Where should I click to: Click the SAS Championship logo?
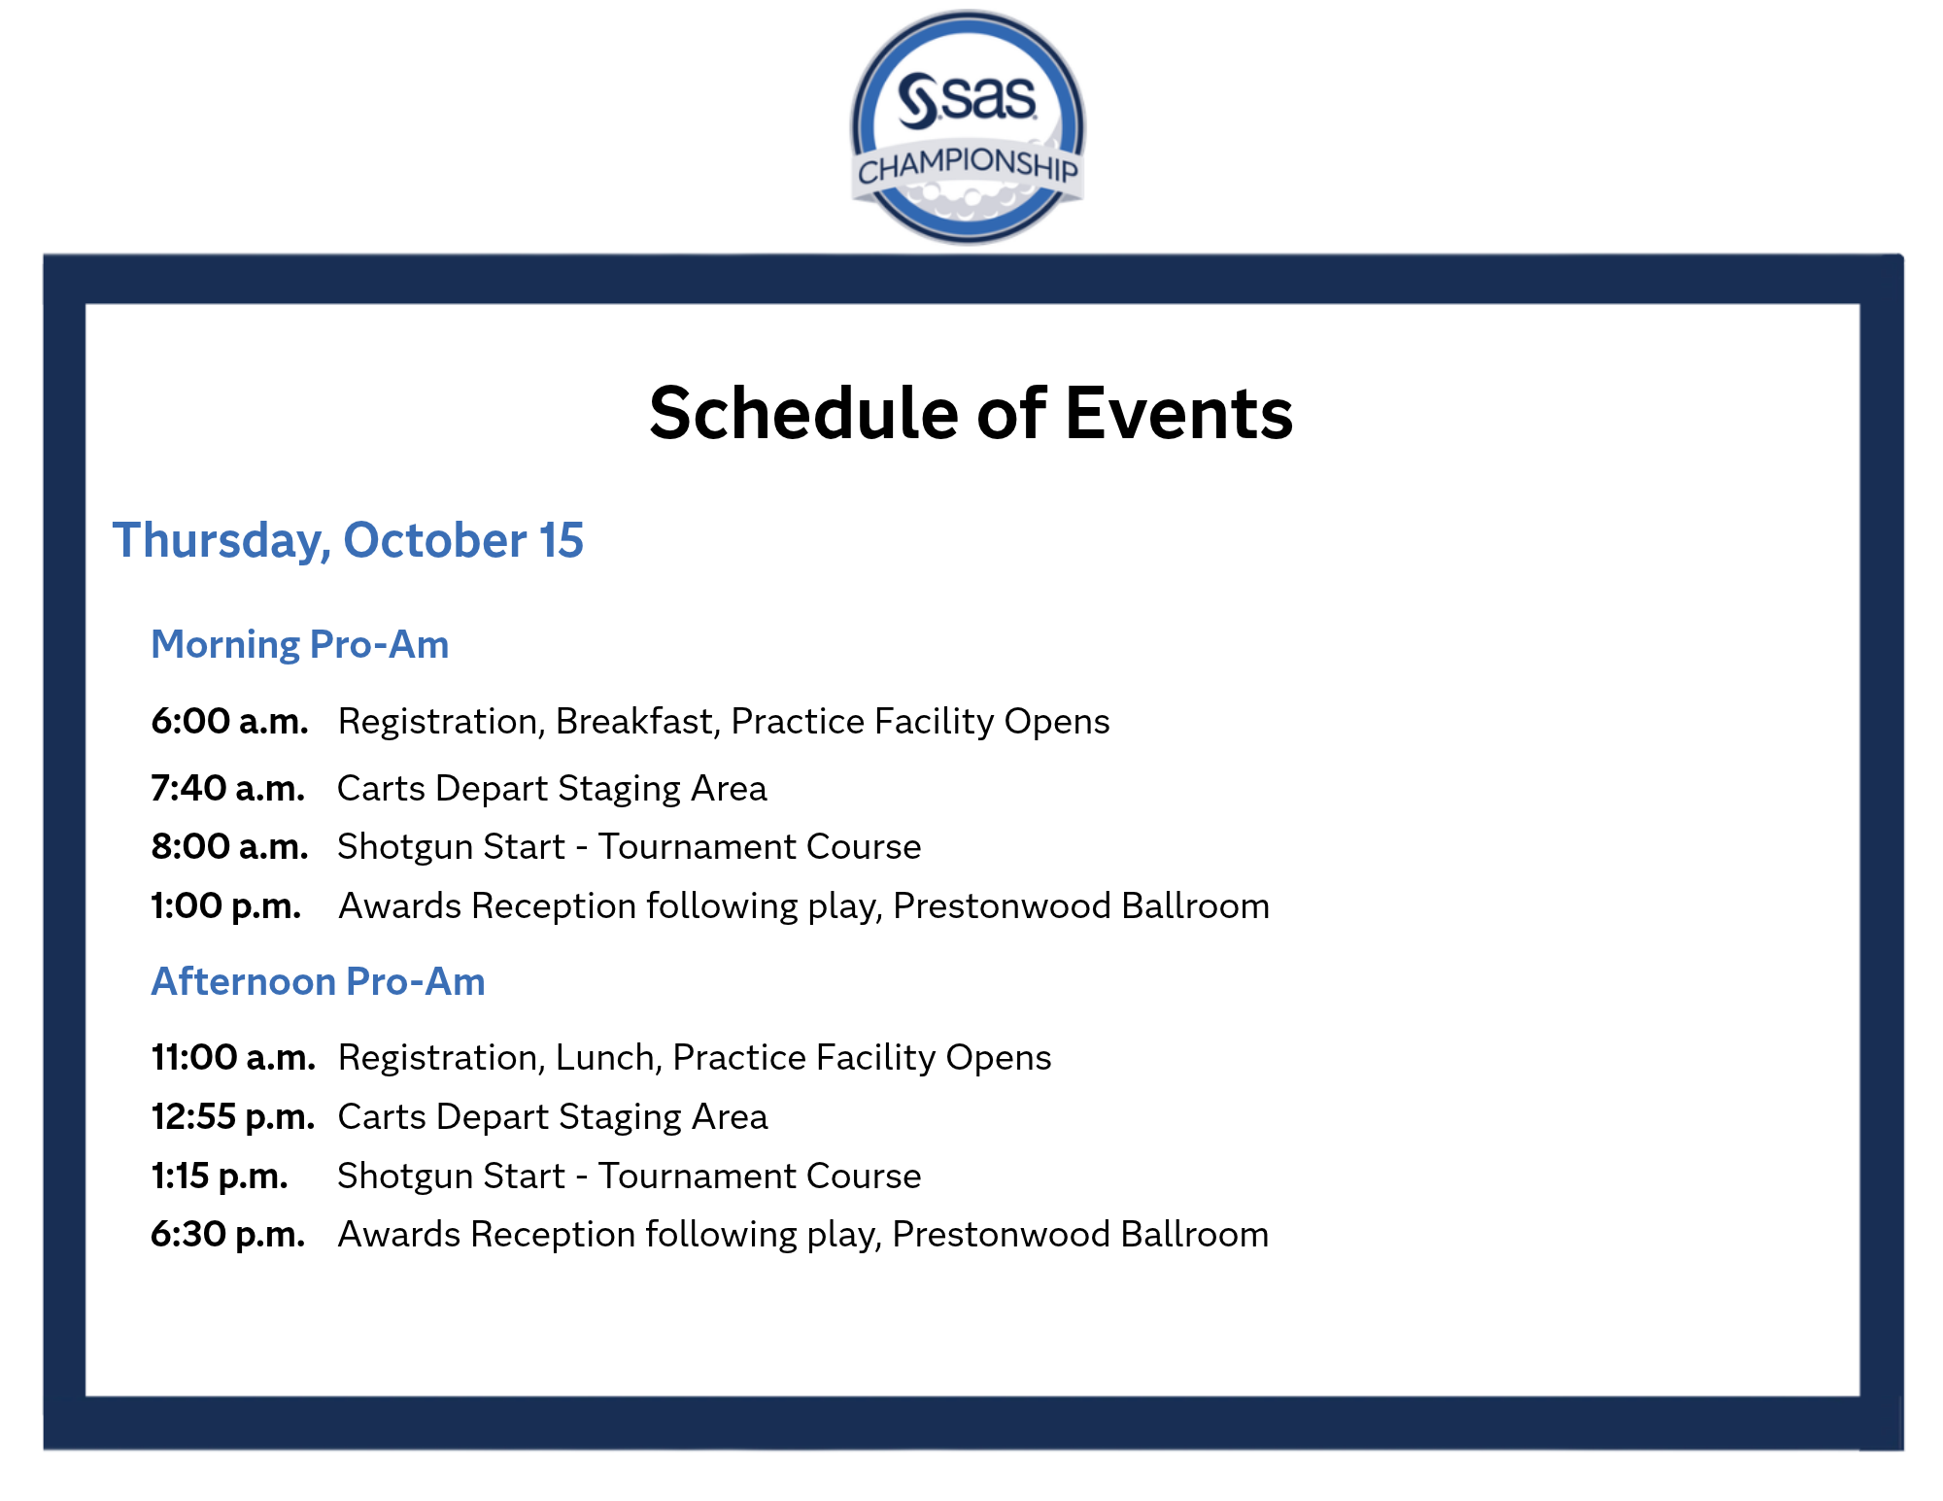click(968, 127)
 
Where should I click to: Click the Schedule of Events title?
click(971, 413)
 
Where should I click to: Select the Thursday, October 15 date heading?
click(348, 540)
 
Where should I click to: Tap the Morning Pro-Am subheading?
click(299, 644)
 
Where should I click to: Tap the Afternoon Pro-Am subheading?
click(318, 981)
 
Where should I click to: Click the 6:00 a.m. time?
click(229, 721)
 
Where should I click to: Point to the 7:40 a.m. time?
click(227, 788)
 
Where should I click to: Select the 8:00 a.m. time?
click(229, 846)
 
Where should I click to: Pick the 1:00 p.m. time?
click(225, 905)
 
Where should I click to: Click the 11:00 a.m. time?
click(233, 1057)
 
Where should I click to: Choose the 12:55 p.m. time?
click(233, 1116)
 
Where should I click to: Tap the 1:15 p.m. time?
click(220, 1176)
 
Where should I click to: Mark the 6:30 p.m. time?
click(228, 1234)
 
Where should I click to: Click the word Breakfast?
click(637, 722)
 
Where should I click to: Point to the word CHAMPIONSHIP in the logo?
click(968, 165)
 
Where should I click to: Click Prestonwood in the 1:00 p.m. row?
click(1002, 905)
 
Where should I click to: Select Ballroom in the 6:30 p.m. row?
click(1195, 1234)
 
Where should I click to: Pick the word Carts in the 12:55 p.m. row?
click(382, 1116)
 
